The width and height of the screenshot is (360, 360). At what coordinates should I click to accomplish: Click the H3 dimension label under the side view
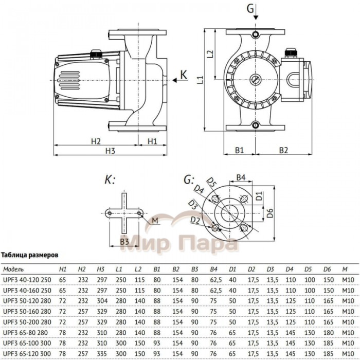click(109, 151)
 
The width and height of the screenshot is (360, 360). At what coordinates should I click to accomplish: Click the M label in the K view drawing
click(155, 221)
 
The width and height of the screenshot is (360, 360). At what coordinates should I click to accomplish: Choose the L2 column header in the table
click(137, 269)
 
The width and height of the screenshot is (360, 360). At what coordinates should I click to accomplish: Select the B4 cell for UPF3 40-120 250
click(213, 279)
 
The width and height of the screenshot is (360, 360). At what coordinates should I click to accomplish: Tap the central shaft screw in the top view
click(256, 80)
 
